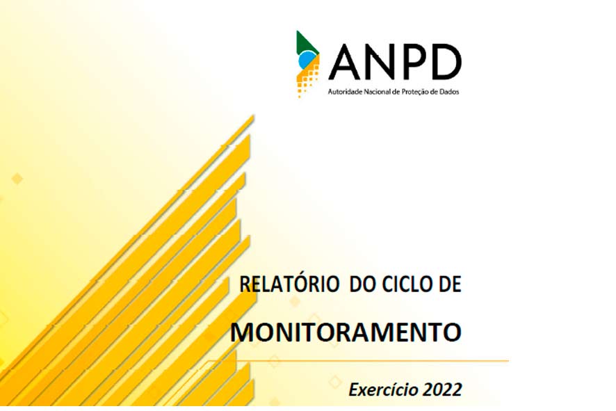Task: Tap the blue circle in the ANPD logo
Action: point(307,61)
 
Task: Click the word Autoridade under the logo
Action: point(346,92)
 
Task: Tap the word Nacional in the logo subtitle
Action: point(377,92)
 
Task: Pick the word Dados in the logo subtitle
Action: point(449,92)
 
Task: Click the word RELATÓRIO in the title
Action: point(289,284)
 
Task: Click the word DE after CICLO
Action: point(450,284)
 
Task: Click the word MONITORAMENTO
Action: point(346,332)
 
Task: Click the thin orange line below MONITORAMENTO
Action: point(357,360)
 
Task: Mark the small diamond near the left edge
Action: point(17,179)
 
